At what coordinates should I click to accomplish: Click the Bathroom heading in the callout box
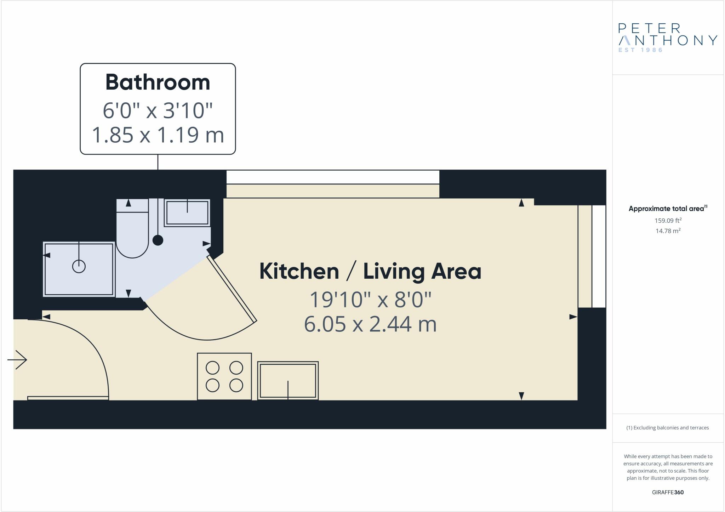(158, 82)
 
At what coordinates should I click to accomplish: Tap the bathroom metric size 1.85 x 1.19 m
(158, 135)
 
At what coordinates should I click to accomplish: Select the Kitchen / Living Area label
(370, 271)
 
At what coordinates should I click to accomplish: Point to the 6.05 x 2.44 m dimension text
(370, 324)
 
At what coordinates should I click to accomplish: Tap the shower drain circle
(79, 266)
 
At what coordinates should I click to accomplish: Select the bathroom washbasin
(187, 212)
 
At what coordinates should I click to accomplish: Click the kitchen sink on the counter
(288, 380)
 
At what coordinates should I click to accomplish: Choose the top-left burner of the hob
(212, 368)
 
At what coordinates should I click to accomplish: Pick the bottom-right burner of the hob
(236, 385)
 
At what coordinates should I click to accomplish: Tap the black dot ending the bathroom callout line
(158, 240)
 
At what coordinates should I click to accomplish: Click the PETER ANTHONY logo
(667, 35)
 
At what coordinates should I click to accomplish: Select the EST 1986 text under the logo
(640, 50)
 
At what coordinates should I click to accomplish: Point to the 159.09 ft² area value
(668, 221)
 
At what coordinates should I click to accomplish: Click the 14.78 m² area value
(668, 231)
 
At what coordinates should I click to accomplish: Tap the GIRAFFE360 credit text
(668, 492)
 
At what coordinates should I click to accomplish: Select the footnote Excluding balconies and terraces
(668, 428)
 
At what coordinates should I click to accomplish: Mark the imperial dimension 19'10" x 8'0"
(370, 300)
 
